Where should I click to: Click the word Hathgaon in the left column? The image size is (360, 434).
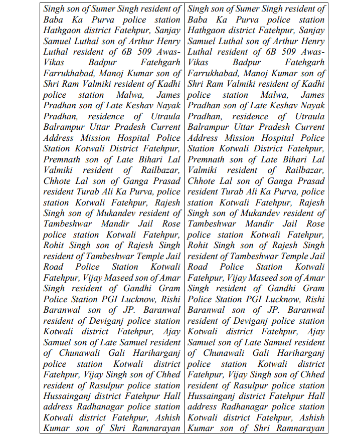click(63, 30)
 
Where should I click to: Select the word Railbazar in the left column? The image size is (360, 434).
click(158, 170)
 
